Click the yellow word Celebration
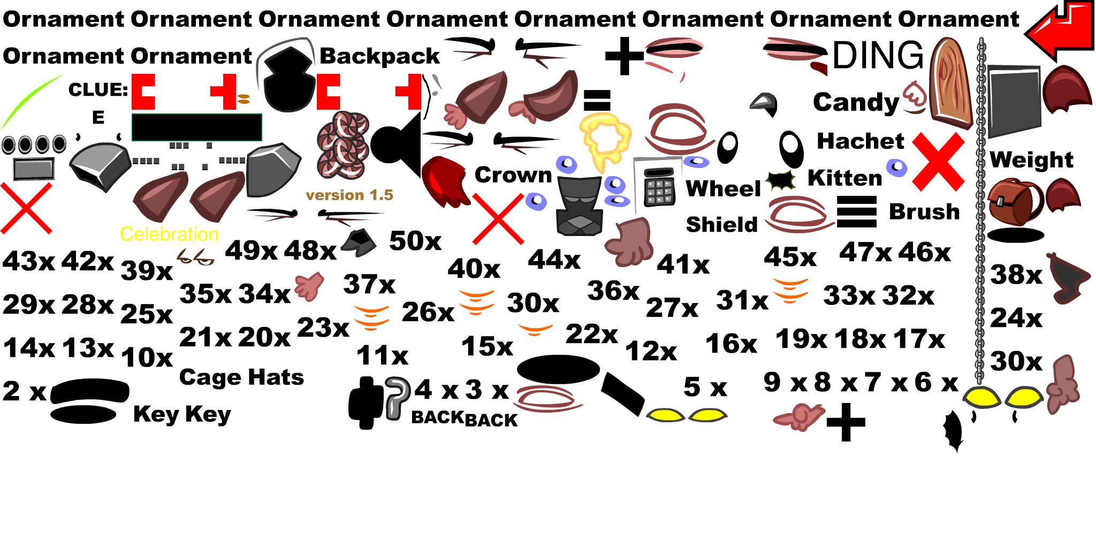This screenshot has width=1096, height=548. click(x=169, y=234)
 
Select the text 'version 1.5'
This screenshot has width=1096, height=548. click(x=349, y=195)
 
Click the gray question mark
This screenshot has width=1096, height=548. click(x=397, y=398)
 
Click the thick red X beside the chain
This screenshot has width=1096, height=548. click(x=938, y=162)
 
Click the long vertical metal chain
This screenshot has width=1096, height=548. click(x=980, y=214)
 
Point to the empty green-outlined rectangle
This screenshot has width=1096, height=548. click(x=196, y=127)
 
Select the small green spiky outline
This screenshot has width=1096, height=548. click(x=781, y=180)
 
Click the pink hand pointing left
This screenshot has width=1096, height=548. click(x=801, y=416)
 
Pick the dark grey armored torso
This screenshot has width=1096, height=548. click(x=579, y=207)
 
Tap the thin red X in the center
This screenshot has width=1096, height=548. click(x=498, y=219)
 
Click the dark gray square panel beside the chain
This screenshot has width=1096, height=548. click(x=1014, y=101)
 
